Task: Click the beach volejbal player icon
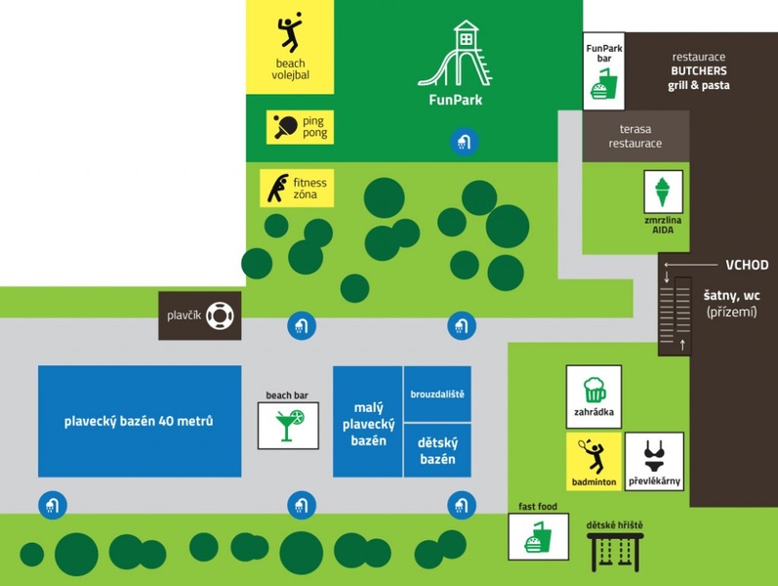pyautogui.click(x=290, y=33)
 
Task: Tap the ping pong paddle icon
pyautogui.click(x=286, y=127)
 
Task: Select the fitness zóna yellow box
pyautogui.click(x=297, y=188)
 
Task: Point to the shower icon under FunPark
pyautogui.click(x=463, y=143)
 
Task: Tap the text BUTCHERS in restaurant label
pyautogui.click(x=698, y=70)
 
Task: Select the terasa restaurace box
pyautogui.click(x=635, y=136)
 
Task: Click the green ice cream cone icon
pyautogui.click(x=662, y=189)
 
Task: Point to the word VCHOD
pyautogui.click(x=747, y=265)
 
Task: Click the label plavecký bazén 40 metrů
pyautogui.click(x=139, y=422)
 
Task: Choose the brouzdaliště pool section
pyautogui.click(x=437, y=394)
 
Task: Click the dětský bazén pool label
pyautogui.click(x=437, y=450)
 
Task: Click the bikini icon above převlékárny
pyautogui.click(x=654, y=455)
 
